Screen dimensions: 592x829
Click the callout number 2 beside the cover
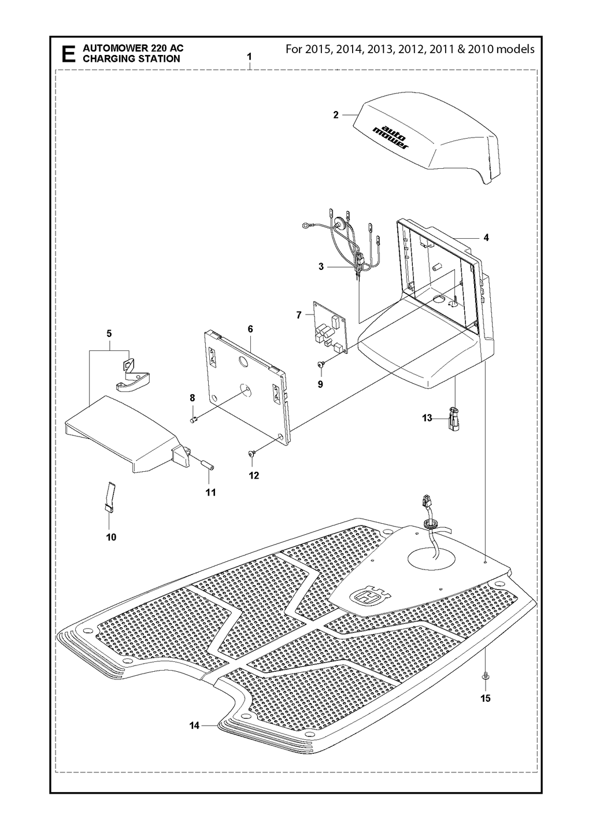(335, 115)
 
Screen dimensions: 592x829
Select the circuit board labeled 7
(331, 326)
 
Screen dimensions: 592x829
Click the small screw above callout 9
(320, 365)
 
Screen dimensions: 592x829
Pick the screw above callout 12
(251, 453)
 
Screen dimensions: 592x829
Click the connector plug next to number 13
(454, 419)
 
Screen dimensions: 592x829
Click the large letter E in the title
(68, 54)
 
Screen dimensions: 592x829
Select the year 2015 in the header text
(317, 49)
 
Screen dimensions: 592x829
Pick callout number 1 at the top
(249, 57)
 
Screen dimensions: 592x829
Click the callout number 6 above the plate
(250, 328)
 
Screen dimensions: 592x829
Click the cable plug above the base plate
(425, 504)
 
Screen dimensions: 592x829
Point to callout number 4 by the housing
(486, 238)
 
